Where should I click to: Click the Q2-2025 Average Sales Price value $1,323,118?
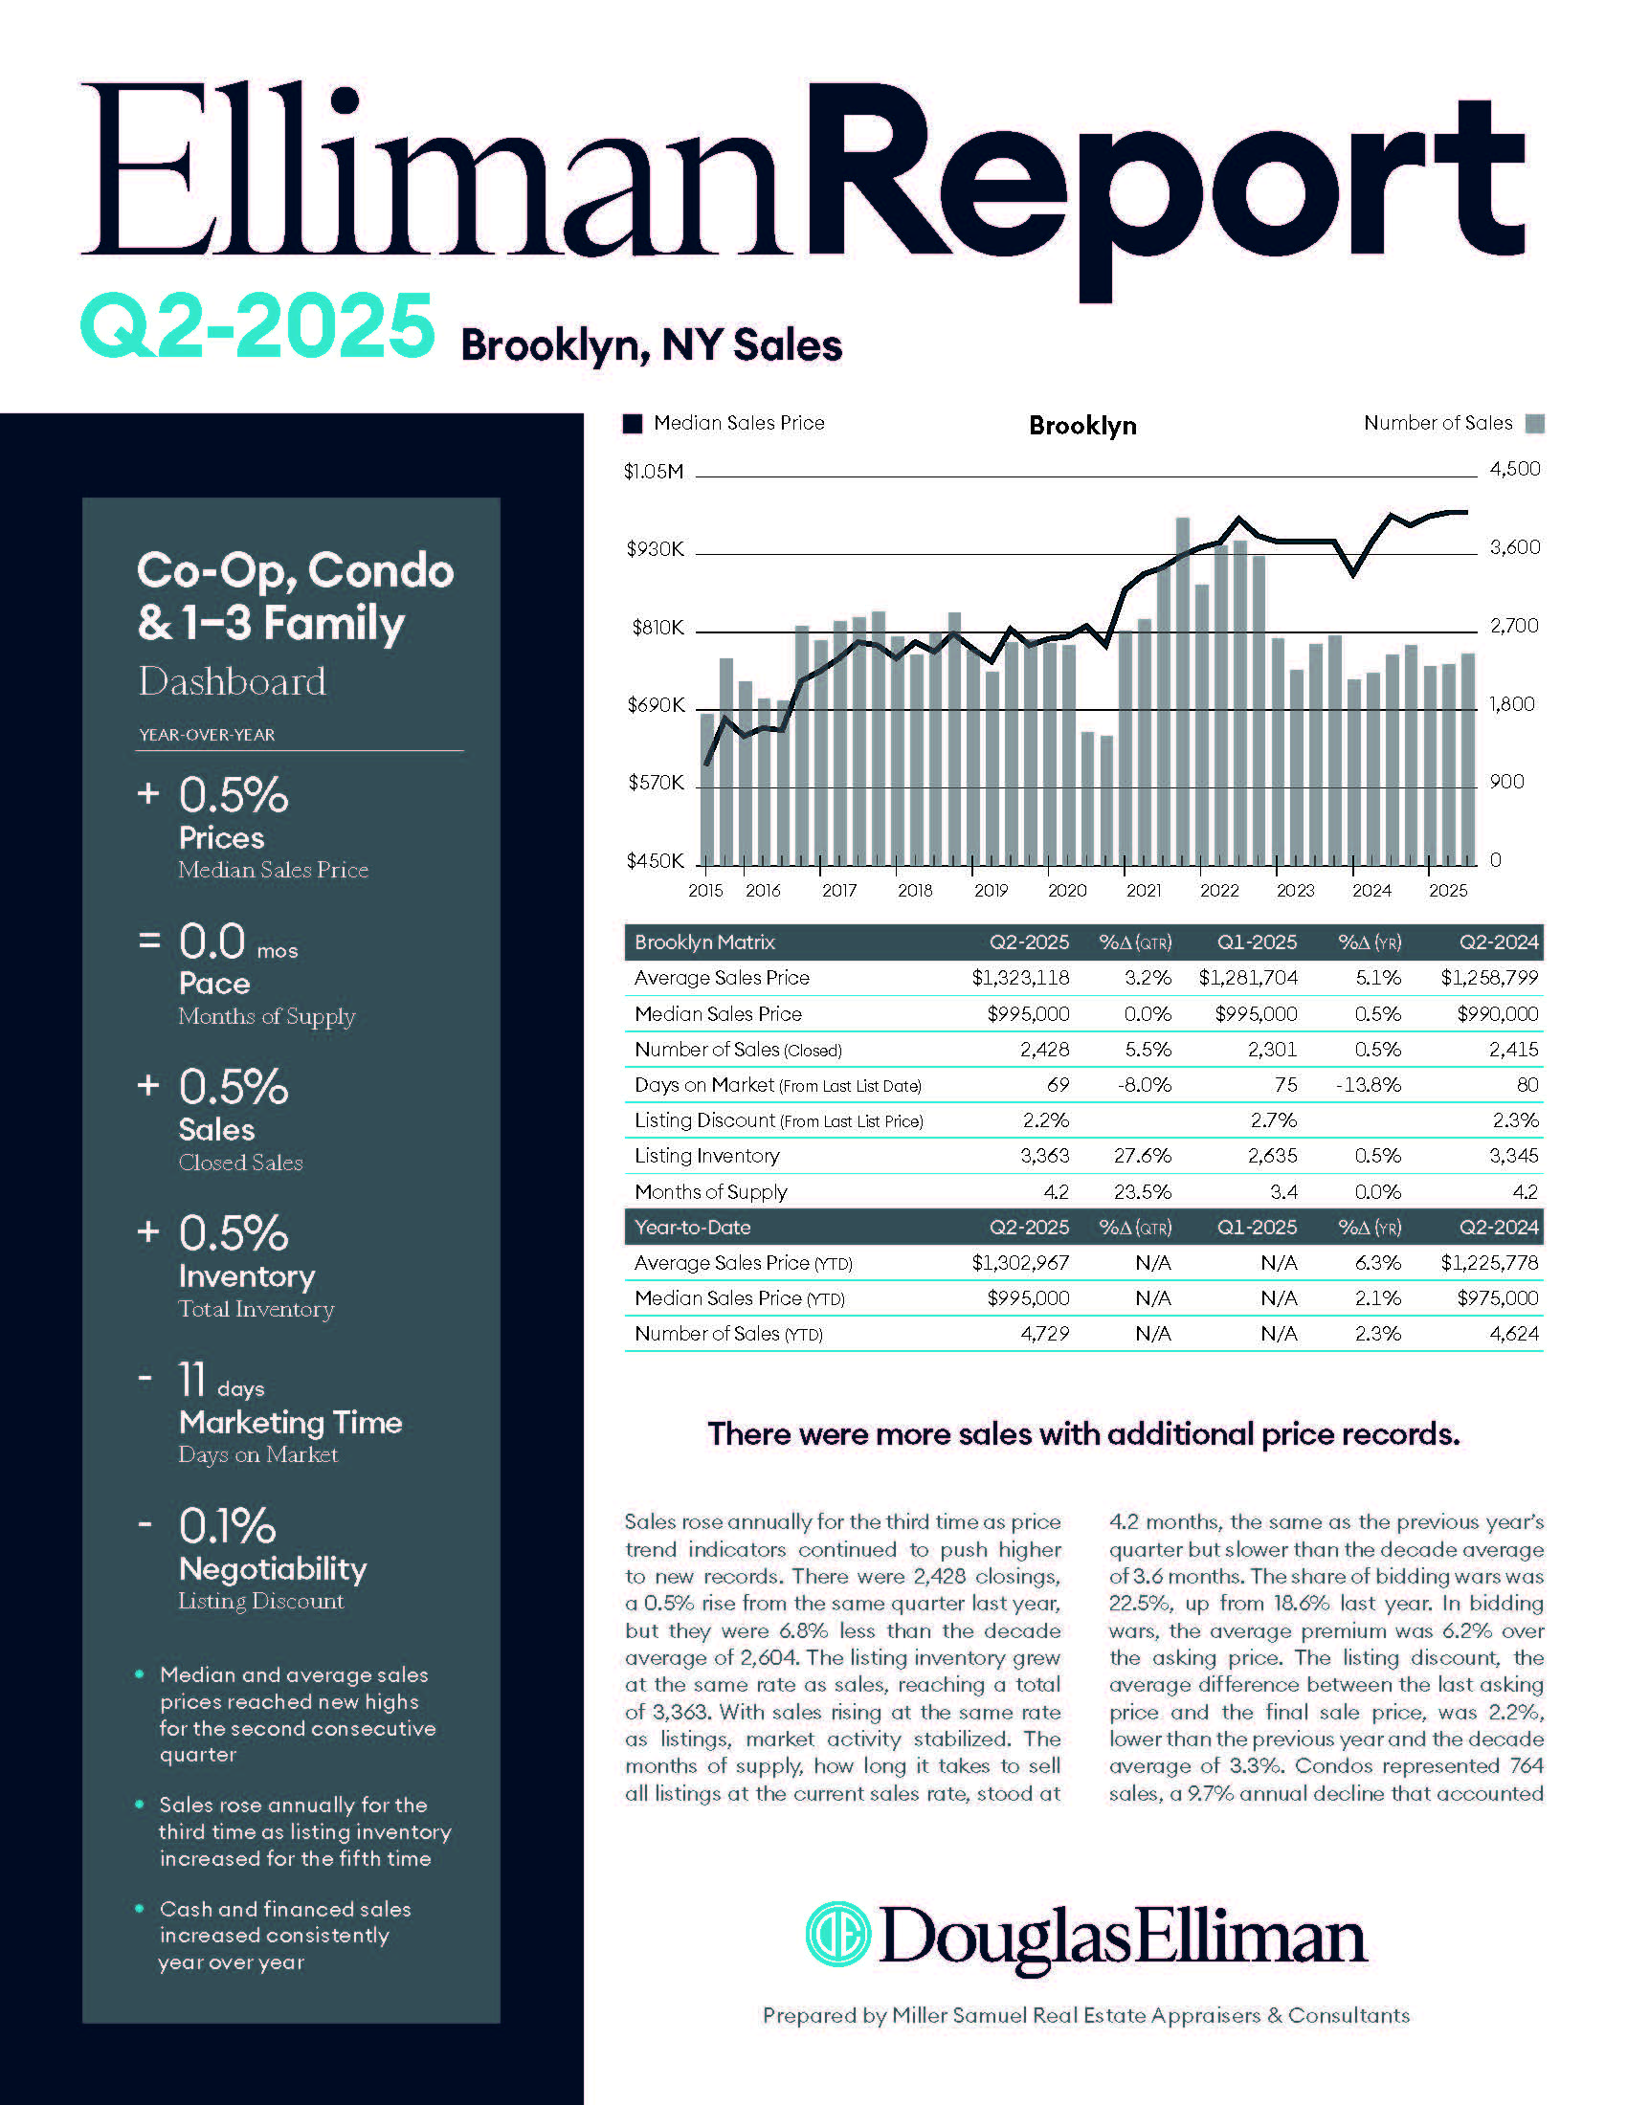1020,977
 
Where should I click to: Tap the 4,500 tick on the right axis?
1514,470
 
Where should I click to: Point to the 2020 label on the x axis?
1066,891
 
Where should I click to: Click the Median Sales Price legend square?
633,423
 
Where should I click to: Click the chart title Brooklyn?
1081,425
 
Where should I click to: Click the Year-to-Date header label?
692,1227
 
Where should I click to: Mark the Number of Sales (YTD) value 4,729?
1044,1334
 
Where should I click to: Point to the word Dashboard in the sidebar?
233,681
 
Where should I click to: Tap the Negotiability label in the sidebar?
273,1568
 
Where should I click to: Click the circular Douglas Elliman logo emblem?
837,1934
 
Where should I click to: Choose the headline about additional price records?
1083,1434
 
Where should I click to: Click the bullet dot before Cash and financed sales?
141,1909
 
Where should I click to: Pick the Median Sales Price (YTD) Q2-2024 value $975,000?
1497,1298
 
